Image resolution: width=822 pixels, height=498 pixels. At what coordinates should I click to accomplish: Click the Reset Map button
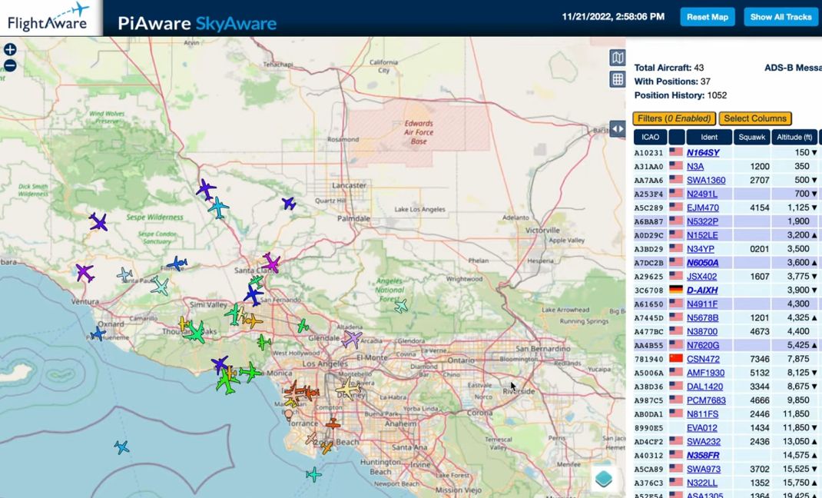[707, 17]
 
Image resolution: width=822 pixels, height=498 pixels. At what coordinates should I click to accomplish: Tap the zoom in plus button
[10, 49]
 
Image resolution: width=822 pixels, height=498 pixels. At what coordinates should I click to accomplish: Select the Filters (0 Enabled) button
[674, 118]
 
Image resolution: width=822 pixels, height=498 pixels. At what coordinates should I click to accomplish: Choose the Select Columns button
[755, 118]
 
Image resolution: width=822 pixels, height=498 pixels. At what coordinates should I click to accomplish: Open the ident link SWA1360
[705, 180]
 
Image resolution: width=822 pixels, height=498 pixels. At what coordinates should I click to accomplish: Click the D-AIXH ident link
[702, 290]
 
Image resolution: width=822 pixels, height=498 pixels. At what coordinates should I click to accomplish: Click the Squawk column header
[751, 138]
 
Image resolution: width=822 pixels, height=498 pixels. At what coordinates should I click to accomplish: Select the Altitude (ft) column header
[794, 138]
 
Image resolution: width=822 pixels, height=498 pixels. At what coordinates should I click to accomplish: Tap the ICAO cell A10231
[648, 152]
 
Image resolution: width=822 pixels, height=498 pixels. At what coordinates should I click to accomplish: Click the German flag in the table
[676, 290]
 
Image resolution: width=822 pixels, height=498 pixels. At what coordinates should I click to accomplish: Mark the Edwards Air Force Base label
[419, 132]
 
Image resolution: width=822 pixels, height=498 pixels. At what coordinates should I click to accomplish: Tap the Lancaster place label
[349, 186]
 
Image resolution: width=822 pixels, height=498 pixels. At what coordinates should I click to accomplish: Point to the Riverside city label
[519, 391]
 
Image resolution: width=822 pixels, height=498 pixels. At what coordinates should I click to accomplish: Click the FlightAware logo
[48, 17]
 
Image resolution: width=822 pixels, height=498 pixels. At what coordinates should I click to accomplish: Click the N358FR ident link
[703, 455]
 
